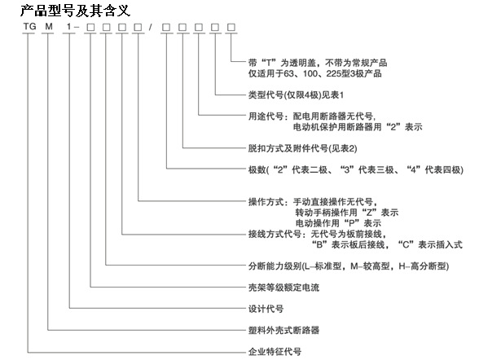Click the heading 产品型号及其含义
(x=76, y=11)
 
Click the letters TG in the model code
(x=29, y=27)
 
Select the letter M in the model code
(x=49, y=27)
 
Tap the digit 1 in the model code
(x=68, y=27)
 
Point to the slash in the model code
(x=150, y=27)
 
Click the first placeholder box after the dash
(x=90, y=28)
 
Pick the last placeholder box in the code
(x=231, y=28)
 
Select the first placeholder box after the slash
(x=166, y=28)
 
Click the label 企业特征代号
(x=275, y=352)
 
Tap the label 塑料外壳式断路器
(x=283, y=330)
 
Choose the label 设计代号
(x=266, y=309)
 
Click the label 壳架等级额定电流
(x=283, y=288)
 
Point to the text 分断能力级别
(x=275, y=266)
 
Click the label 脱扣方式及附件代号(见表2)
(x=302, y=148)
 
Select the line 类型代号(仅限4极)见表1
(x=296, y=94)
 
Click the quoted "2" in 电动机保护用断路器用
(x=393, y=127)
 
